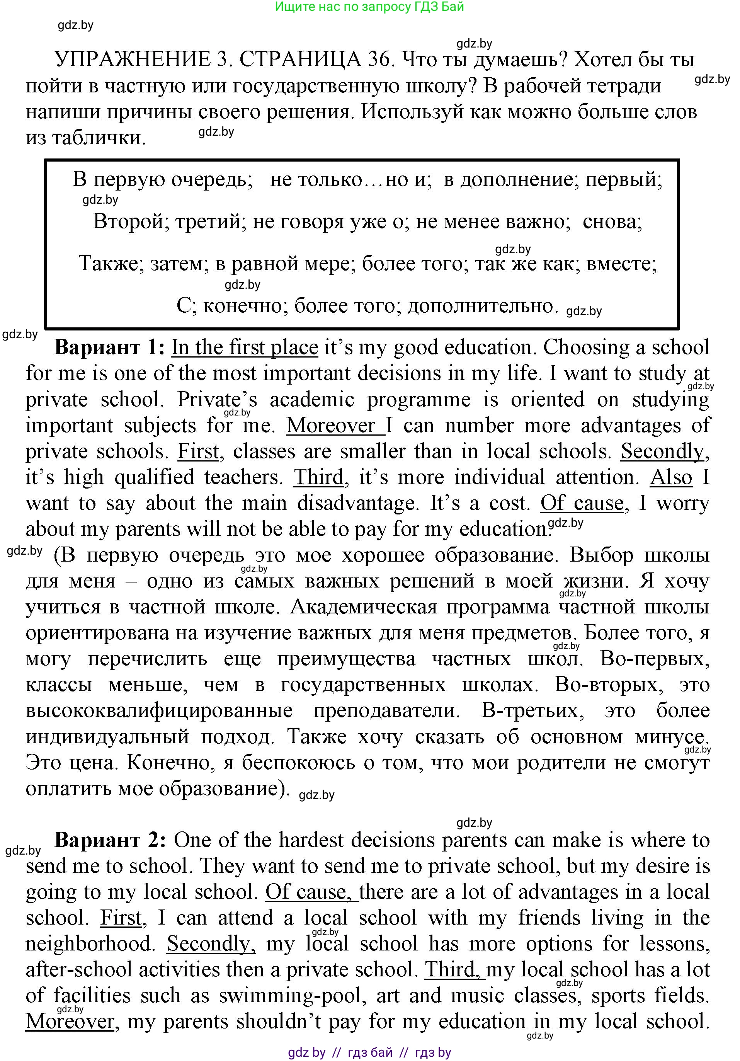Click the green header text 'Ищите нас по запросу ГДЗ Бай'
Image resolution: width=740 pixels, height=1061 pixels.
point(369,7)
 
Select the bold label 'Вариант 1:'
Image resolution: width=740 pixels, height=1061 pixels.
point(109,347)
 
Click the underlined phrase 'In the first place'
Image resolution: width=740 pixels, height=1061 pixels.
point(245,347)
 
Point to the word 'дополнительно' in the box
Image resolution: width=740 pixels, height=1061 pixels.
point(480,306)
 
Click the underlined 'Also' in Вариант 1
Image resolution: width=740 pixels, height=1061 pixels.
point(671,477)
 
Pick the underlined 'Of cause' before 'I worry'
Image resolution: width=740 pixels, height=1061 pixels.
point(582,503)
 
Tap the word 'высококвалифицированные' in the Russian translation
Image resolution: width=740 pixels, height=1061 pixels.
point(159,710)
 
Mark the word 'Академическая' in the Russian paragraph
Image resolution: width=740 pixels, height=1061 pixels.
point(363,607)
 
